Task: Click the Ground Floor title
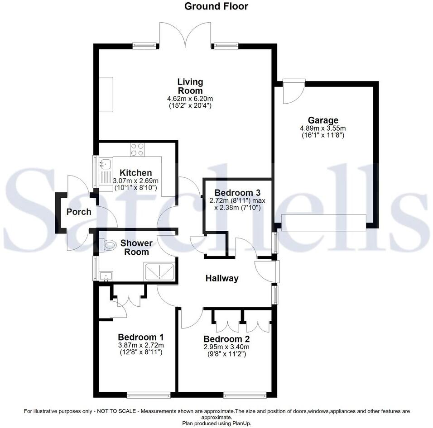216,6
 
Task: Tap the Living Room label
190,86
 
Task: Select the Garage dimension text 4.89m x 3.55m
322,128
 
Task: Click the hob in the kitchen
137,150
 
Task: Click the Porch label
79,212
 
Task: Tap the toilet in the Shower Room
109,245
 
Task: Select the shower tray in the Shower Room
160,271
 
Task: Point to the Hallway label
222,279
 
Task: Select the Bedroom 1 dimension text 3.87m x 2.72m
140,345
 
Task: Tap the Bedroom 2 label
226,339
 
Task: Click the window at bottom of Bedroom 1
149,395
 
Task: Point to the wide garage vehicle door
323,223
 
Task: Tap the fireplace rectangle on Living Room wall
108,94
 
